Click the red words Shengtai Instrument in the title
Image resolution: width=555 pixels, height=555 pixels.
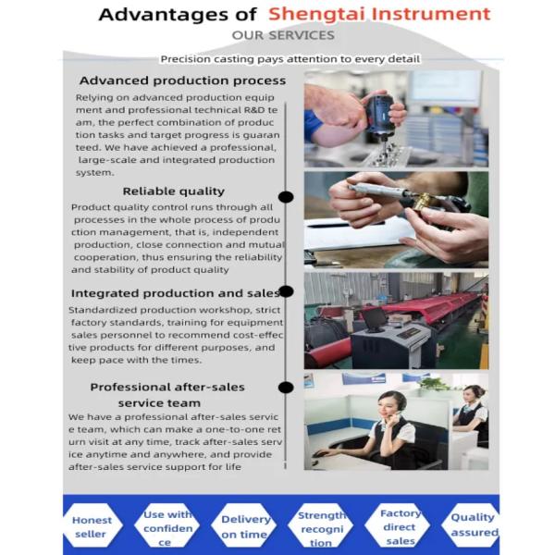[379, 14]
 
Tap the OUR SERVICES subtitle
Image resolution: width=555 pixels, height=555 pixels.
[283, 35]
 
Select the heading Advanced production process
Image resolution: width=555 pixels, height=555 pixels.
[182, 80]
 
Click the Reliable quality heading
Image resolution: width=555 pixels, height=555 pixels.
[174, 191]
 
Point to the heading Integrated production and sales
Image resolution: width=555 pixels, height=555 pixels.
[176, 293]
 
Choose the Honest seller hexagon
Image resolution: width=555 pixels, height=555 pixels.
[92, 526]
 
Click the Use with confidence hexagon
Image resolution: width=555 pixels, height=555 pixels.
[167, 526]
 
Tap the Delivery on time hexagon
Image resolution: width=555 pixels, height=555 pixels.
[244, 526]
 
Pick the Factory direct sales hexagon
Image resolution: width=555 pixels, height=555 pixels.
[398, 526]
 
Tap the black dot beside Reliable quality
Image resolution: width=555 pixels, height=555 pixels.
[286, 197]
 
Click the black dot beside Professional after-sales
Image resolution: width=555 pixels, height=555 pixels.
[286, 388]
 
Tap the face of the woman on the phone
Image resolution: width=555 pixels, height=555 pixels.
[388, 409]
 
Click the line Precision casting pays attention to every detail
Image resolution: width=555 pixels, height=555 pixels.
[290, 59]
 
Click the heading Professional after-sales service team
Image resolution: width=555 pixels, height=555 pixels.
[167, 395]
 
